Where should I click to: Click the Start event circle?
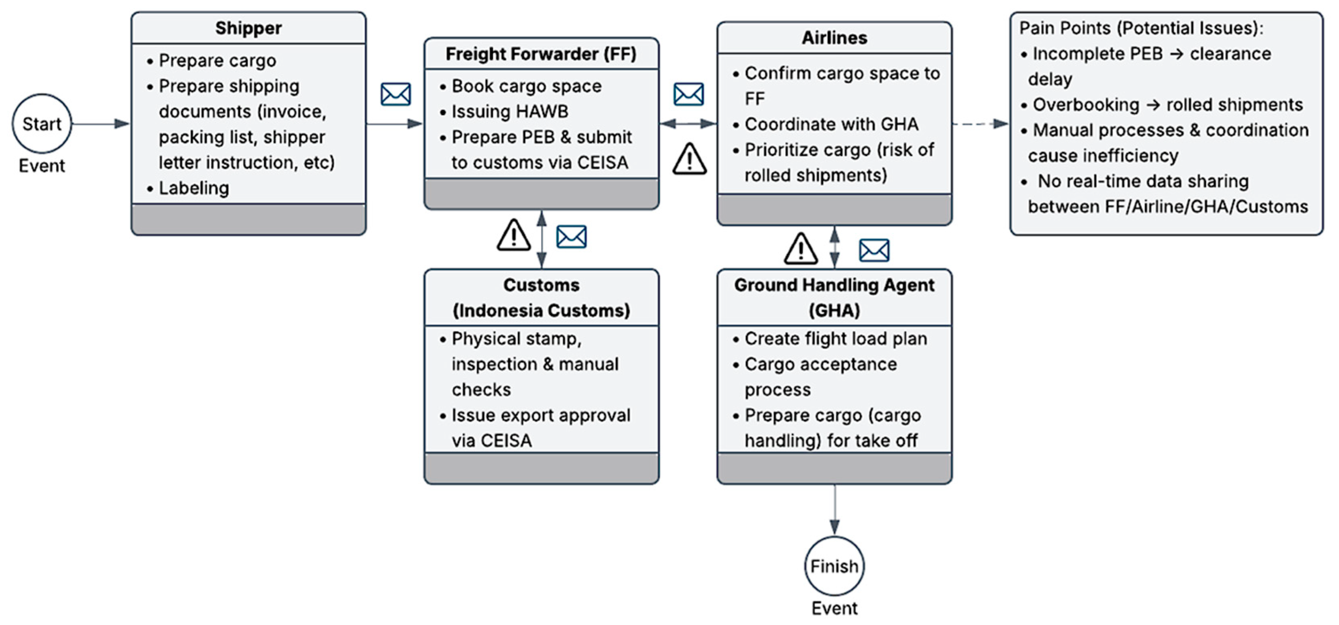pyautogui.click(x=42, y=124)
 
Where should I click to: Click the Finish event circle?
pyautogui.click(x=834, y=566)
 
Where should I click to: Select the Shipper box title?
pyautogui.click(x=248, y=28)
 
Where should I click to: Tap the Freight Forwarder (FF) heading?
pyautogui.click(x=541, y=54)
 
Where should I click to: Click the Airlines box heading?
pyautogui.click(x=834, y=38)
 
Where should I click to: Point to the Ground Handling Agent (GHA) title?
pyautogui.click(x=834, y=297)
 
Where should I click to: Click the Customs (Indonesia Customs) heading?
pyautogui.click(x=541, y=297)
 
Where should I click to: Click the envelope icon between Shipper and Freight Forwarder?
pyautogui.click(x=396, y=94)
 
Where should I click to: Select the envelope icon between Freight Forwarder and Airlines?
pyautogui.click(x=688, y=94)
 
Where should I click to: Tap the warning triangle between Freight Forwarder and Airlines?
pyautogui.click(x=689, y=159)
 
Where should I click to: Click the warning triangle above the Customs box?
pyautogui.click(x=513, y=235)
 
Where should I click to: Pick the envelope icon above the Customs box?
pyautogui.click(x=571, y=237)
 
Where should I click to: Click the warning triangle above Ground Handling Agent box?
pyautogui.click(x=800, y=249)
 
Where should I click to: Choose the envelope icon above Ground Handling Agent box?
pyautogui.click(x=874, y=250)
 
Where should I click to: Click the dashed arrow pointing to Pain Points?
pyautogui.click(x=980, y=124)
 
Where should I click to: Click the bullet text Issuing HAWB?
pyautogui.click(x=509, y=111)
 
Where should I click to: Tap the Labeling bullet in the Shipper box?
pyautogui.click(x=193, y=188)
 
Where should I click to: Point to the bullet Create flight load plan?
pyautogui.click(x=835, y=339)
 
